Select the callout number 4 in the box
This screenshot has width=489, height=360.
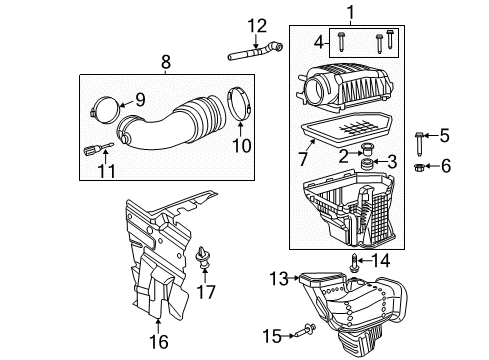[320, 42]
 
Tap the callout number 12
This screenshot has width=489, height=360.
[258, 25]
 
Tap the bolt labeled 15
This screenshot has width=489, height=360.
[306, 326]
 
